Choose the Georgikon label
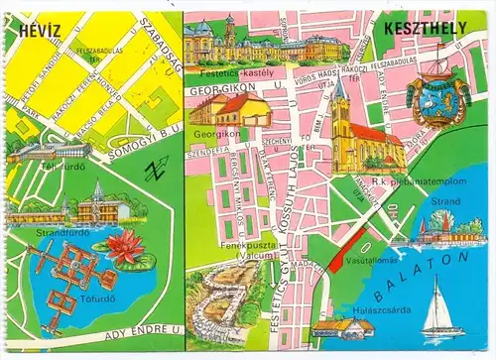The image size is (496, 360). click(210, 131)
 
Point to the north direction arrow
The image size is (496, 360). click(154, 170)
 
